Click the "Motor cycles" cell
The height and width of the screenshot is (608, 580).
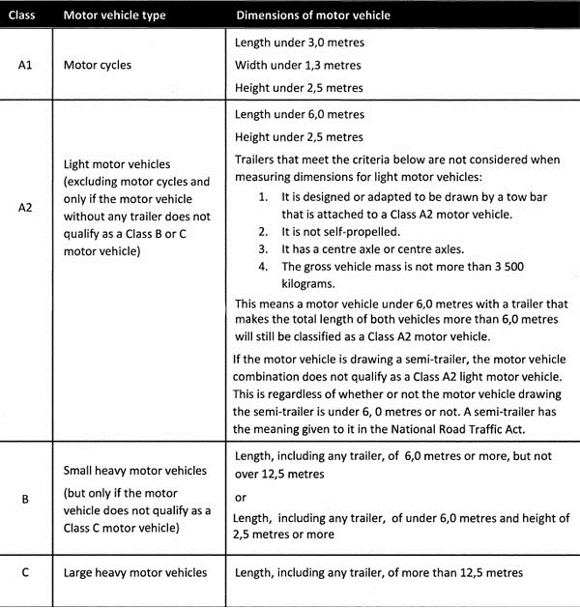(x=98, y=66)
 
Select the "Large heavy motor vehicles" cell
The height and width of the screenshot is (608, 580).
(x=135, y=573)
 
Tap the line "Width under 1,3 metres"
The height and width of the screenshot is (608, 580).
(x=299, y=65)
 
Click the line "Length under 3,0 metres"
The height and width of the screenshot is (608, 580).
(x=301, y=43)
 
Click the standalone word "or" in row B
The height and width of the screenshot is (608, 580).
(x=241, y=497)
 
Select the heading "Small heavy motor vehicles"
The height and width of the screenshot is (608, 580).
(x=134, y=471)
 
